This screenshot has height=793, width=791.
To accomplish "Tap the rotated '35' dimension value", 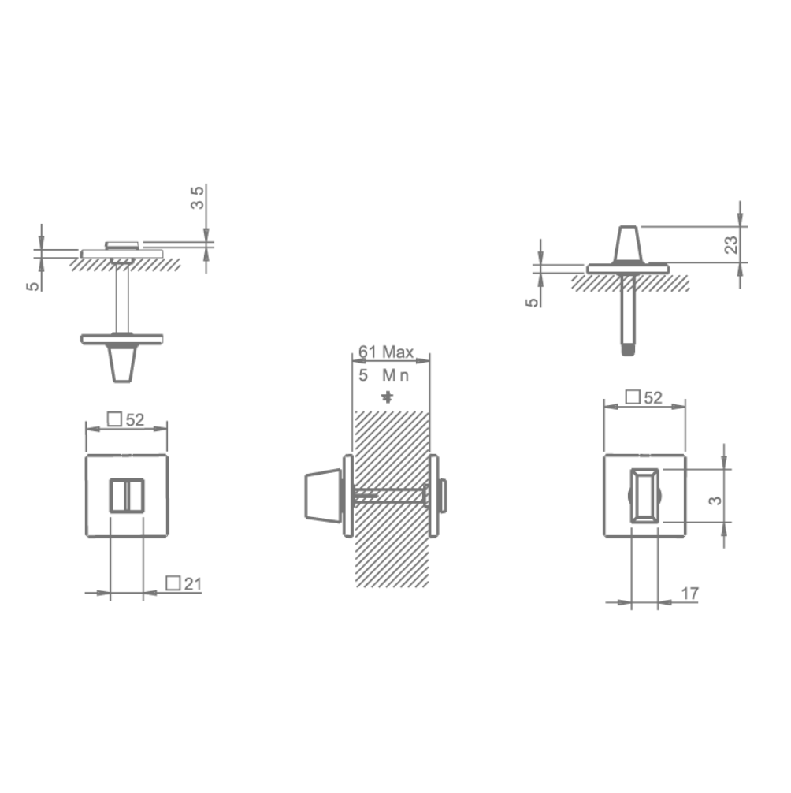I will tap(199, 196).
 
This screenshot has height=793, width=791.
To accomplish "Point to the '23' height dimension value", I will tap(730, 244).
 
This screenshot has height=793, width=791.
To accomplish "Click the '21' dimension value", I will tap(192, 583).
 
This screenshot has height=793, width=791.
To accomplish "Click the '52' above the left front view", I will tap(135, 420).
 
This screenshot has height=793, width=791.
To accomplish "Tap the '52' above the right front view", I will tap(652, 398).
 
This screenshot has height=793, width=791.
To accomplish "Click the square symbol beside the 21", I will tap(173, 583).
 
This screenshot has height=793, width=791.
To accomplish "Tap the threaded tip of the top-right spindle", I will tap(628, 349).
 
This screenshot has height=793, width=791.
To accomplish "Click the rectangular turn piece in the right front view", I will tap(644, 495).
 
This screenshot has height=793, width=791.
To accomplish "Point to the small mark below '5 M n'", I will tap(386, 396).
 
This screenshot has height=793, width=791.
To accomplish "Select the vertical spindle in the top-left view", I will tap(122, 300).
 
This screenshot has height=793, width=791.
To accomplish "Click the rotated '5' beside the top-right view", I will tap(533, 301).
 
